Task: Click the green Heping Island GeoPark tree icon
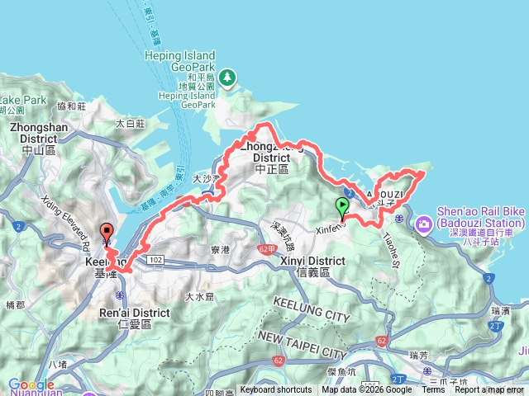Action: click(x=226, y=78)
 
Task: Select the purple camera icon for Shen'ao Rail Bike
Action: click(x=424, y=223)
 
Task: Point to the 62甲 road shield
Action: click(x=266, y=247)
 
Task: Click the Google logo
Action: click(x=31, y=384)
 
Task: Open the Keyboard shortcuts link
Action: click(x=276, y=390)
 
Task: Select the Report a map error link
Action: click(x=488, y=390)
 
